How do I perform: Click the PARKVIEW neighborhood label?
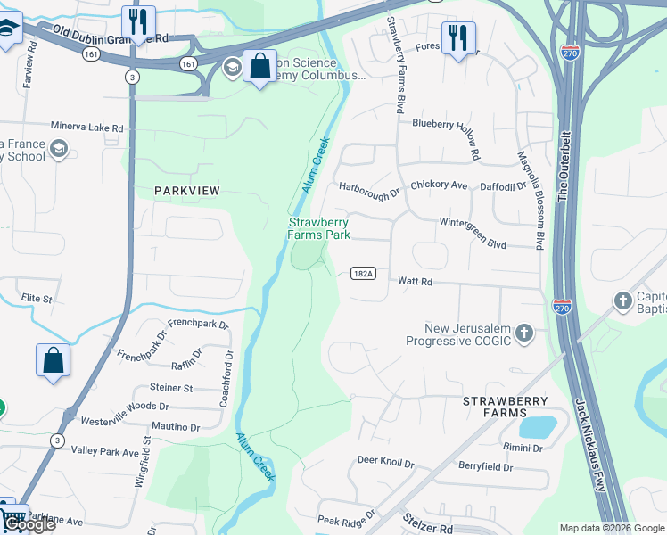point(186,191)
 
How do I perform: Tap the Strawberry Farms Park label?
point(318,228)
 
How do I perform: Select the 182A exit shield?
point(361,273)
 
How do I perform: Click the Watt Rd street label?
point(415,282)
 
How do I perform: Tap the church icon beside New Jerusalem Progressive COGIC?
point(525,333)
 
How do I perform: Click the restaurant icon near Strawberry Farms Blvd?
point(459,38)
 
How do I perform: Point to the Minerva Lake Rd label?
point(86,128)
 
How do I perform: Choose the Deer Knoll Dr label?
point(386,463)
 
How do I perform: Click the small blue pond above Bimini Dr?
point(537,426)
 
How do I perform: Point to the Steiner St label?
point(171,388)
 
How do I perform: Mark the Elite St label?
point(37,299)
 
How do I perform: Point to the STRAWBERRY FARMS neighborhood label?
point(506,402)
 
